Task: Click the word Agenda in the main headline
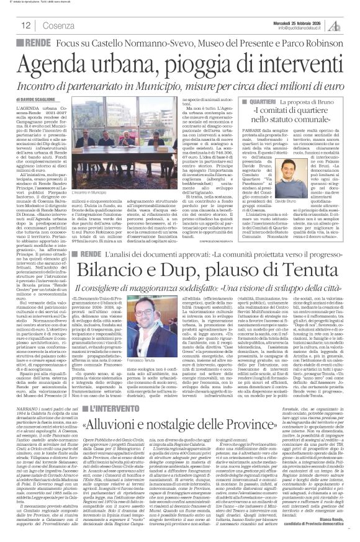coord(69,64)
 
